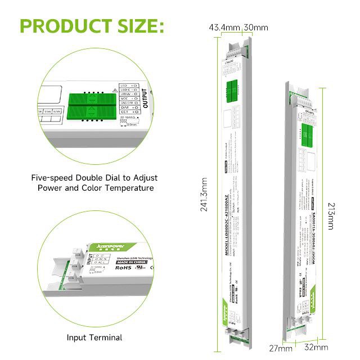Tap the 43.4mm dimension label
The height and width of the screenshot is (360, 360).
(x=224, y=28)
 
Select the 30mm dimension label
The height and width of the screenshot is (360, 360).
(x=255, y=28)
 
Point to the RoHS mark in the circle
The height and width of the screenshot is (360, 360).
(x=123, y=269)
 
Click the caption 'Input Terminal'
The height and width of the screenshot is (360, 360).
(x=94, y=337)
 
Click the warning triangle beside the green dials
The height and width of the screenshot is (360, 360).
(x=115, y=90)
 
